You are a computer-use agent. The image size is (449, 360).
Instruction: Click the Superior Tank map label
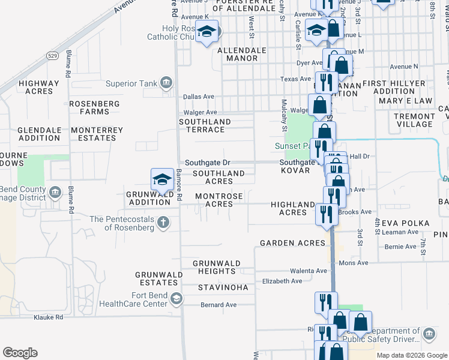tap(131, 83)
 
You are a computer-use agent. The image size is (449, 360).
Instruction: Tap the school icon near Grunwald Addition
tap(161, 179)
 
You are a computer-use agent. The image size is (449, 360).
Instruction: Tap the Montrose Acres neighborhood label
tap(219, 200)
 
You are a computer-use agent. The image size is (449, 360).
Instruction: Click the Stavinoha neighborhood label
tap(223, 287)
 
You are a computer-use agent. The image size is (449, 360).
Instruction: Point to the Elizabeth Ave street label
tap(282, 281)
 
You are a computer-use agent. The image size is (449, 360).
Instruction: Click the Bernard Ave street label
tap(218, 305)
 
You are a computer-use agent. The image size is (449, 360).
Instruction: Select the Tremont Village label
tap(415, 120)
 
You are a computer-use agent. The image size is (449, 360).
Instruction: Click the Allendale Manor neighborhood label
tap(237, 54)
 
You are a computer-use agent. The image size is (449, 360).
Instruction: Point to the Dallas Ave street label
tap(199, 96)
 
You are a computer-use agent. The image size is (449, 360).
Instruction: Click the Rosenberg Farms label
tap(94, 107)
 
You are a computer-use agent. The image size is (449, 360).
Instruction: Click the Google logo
tap(20, 353)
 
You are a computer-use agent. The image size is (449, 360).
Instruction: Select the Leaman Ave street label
tap(402, 232)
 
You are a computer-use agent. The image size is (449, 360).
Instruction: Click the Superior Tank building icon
tap(166, 83)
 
